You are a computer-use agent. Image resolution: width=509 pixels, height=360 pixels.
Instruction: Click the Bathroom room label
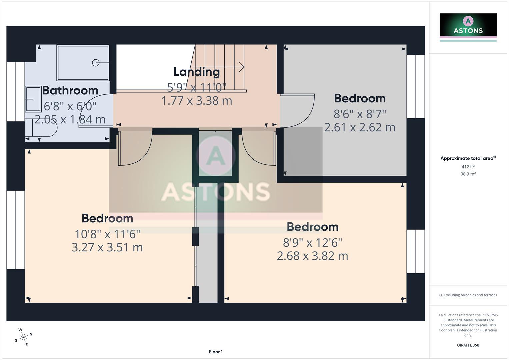pyautogui.click(x=70, y=90)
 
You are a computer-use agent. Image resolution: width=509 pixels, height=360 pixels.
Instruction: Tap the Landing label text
pyautogui.click(x=196, y=72)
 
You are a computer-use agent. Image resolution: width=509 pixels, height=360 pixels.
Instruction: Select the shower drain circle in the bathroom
pyautogui.click(x=96, y=63)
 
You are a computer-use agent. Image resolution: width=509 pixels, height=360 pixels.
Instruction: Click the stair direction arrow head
pyautogui.click(x=242, y=67)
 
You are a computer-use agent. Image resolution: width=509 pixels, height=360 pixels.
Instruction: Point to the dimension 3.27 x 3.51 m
pyautogui.click(x=107, y=247)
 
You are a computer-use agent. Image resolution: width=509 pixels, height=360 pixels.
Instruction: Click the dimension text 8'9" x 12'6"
pyautogui.click(x=312, y=243)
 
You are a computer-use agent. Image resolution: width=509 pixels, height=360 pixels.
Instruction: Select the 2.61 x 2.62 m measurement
pyautogui.click(x=360, y=127)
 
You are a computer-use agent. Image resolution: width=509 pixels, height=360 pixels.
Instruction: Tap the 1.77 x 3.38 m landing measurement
pyautogui.click(x=196, y=101)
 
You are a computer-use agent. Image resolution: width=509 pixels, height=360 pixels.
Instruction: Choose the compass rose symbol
pyautogui.click(x=23, y=337)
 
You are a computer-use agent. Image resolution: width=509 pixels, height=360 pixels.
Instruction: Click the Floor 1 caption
pyautogui.click(x=216, y=352)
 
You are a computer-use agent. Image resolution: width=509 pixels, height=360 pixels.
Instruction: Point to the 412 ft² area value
pyautogui.click(x=468, y=167)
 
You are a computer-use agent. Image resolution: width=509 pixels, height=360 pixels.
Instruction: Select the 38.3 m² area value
pyautogui.click(x=468, y=174)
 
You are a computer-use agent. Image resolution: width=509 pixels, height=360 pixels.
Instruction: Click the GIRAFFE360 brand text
pyautogui.click(x=468, y=345)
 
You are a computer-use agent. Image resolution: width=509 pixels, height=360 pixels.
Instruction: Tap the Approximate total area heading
pyautogui.click(x=468, y=158)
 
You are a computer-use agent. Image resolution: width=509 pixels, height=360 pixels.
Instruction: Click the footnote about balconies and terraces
pyautogui.click(x=468, y=295)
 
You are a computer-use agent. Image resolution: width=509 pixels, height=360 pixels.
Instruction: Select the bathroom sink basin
pyautogui.click(x=33, y=99)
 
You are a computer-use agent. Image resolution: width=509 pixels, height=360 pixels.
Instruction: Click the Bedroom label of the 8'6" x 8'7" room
pyautogui.click(x=360, y=98)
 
